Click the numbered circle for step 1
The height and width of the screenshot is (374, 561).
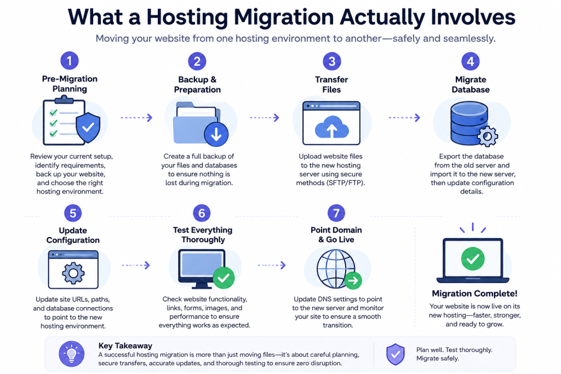pos(70,60)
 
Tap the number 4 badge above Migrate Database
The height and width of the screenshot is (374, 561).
pos(471,61)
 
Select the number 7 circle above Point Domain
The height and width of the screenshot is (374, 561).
pos(336,213)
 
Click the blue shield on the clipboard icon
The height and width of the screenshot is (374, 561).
pos(88,128)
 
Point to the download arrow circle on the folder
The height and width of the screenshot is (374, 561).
pos(216,135)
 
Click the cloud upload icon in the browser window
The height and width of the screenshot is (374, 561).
pos(331,127)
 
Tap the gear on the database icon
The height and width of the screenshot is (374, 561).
pos(487,136)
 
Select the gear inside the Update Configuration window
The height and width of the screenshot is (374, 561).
pos(73,273)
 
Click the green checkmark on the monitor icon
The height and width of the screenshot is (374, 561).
pos(224,278)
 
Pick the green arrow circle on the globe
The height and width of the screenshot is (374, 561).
pos(353,281)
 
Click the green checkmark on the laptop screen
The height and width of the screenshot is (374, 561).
pos(473,258)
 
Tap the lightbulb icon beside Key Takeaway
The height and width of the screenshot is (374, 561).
pos(72,354)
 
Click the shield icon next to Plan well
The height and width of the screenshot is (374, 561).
pos(396,354)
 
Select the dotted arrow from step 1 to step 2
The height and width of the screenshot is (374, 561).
pos(136,118)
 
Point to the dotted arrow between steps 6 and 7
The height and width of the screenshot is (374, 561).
pos(272,265)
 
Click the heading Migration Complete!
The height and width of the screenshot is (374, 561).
pos(474,294)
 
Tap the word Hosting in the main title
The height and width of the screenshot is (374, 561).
pos(187,17)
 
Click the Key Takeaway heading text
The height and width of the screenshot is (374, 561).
pos(125,346)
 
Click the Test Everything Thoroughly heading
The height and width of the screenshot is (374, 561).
pos(203,235)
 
